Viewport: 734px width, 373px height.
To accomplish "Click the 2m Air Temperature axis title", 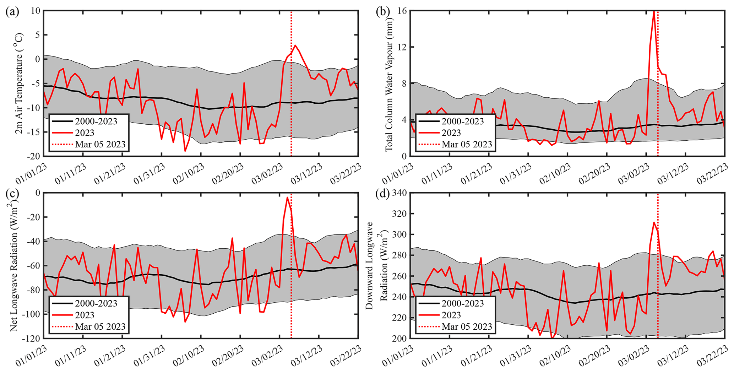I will click(20, 83).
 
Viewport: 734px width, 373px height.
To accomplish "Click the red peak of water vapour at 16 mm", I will click(654, 11).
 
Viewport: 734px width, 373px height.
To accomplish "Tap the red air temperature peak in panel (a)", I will click(295, 45).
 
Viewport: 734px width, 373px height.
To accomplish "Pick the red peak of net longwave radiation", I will click(287, 198).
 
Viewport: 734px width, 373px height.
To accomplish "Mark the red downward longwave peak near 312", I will click(654, 222).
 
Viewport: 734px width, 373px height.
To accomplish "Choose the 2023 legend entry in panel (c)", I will click(85, 315).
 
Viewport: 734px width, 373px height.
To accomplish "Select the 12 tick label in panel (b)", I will click(402, 47).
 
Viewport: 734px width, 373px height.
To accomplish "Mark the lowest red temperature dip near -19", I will click(185, 151).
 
